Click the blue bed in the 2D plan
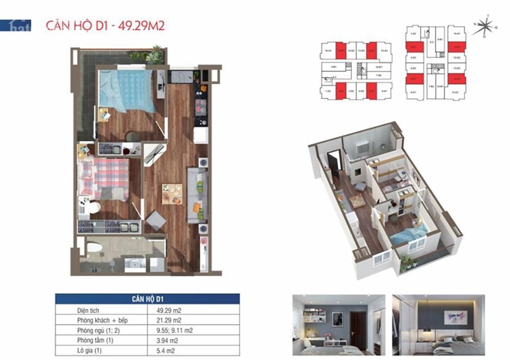click(121, 88)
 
